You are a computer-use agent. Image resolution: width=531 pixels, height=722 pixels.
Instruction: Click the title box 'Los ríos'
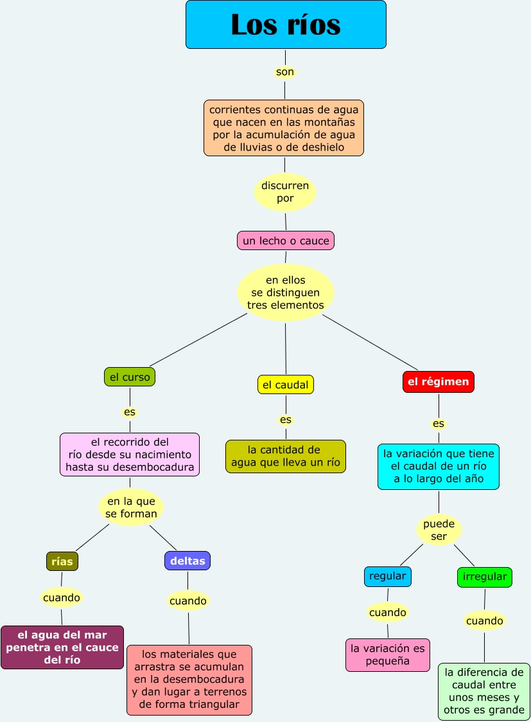(286, 24)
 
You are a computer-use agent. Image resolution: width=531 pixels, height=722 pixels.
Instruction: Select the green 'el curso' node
(130, 377)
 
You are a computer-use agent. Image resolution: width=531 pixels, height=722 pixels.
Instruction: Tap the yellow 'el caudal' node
(286, 385)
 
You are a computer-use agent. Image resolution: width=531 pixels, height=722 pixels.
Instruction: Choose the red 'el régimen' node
(439, 382)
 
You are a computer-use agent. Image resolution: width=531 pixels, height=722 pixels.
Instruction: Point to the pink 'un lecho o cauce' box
(286, 241)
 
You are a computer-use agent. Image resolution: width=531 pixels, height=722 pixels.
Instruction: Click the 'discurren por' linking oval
(285, 192)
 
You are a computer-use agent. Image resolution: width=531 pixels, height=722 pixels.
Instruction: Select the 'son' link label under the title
(285, 72)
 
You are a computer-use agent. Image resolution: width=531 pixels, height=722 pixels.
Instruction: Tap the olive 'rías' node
(62, 561)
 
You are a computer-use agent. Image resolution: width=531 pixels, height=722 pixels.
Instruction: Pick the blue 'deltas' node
(187, 561)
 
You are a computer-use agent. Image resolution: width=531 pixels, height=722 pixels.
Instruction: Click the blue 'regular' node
(388, 577)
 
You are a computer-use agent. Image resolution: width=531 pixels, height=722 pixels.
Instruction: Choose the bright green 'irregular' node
(485, 577)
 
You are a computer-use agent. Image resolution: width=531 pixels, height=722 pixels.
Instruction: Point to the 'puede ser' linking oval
(439, 530)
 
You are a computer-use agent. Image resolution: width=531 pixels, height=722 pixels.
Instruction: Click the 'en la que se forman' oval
(131, 507)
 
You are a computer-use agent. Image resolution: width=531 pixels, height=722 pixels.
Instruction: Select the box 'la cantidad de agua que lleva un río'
(286, 456)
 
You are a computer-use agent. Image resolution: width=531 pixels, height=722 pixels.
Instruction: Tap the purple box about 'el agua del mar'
(62, 647)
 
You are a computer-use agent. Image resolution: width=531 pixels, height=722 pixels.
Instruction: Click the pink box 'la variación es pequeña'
(388, 654)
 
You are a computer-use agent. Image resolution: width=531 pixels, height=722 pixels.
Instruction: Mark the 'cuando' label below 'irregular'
(485, 621)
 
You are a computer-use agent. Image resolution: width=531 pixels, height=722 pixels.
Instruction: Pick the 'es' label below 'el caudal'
(286, 420)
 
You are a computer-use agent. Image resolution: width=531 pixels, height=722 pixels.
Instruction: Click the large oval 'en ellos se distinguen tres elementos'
(286, 293)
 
